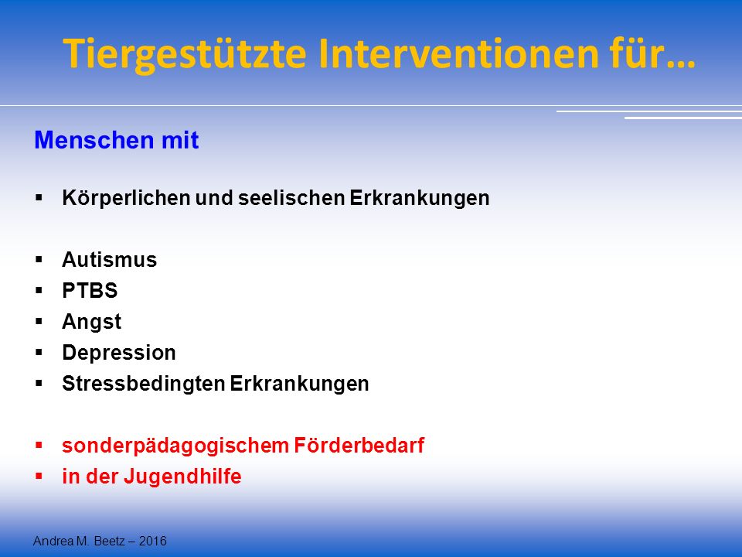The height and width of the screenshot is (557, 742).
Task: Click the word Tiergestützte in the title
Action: [185, 53]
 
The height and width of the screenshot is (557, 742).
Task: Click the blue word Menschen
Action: [94, 140]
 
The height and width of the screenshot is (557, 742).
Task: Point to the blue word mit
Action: [180, 140]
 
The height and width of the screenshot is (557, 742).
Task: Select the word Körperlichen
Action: [126, 198]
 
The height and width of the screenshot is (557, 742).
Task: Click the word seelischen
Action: [291, 198]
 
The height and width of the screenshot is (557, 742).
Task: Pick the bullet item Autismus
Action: [109, 260]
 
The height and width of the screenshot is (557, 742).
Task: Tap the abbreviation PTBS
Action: [90, 291]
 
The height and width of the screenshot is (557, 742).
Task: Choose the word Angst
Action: [91, 322]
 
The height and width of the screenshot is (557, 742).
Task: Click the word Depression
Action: [119, 353]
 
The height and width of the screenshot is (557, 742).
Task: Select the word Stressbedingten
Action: [143, 384]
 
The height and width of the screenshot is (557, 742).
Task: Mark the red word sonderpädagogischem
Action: [175, 446]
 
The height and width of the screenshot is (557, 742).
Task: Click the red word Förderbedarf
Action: [359, 446]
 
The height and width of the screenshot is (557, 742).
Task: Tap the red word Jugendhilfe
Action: [182, 477]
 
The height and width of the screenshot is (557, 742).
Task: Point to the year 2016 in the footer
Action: [152, 541]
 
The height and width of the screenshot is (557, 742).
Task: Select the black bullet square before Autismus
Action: [39, 260]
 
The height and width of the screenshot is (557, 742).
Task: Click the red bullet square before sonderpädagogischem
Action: [39, 446]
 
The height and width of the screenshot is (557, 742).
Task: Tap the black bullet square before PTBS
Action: [39, 290]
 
